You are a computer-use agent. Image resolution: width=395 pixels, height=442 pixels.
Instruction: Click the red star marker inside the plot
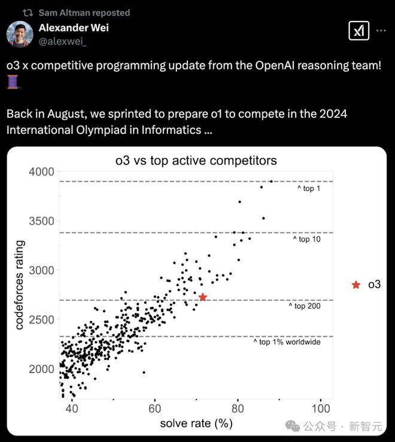click(203, 297)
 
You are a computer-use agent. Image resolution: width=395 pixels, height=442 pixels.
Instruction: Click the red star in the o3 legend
click(356, 285)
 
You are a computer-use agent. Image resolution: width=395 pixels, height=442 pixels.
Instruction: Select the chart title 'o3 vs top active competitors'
click(196, 160)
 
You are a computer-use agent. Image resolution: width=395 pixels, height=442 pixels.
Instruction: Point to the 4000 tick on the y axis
click(41, 172)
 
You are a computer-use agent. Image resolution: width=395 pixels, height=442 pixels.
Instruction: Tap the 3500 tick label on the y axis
click(41, 221)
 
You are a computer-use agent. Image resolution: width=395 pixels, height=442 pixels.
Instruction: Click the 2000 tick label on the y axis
click(41, 369)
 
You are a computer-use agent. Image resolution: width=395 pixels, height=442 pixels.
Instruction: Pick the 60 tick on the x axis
click(154, 409)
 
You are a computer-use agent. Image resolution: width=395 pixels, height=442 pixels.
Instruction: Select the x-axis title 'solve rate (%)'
click(196, 424)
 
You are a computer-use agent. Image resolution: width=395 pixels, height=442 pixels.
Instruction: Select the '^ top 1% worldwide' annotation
click(286, 342)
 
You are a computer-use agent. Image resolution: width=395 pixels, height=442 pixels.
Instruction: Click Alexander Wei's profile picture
click(19, 33)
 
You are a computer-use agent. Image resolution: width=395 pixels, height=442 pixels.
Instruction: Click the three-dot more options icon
click(381, 29)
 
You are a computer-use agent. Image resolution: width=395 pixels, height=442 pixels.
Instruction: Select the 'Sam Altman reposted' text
click(84, 13)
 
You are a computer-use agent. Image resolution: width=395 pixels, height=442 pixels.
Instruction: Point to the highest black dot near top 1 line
click(271, 181)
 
